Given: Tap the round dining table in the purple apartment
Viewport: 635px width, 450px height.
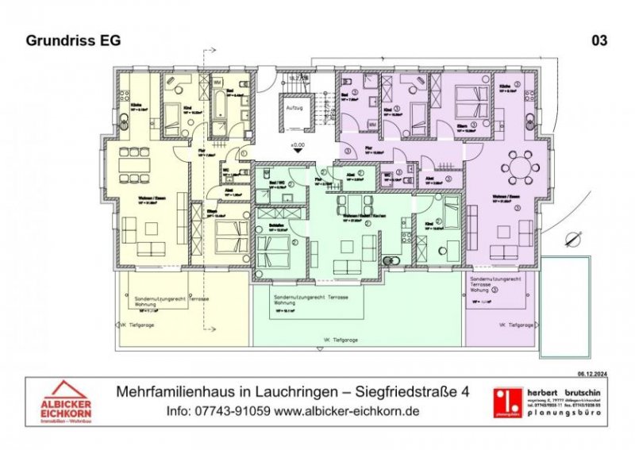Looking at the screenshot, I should coord(521,167).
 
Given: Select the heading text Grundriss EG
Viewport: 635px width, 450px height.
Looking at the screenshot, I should coord(73,40).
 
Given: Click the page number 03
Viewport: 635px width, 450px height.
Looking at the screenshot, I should coord(600,40).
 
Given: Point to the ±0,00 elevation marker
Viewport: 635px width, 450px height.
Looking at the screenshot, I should coord(297,145).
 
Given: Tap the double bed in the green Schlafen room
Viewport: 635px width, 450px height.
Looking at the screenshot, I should coord(273,252).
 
